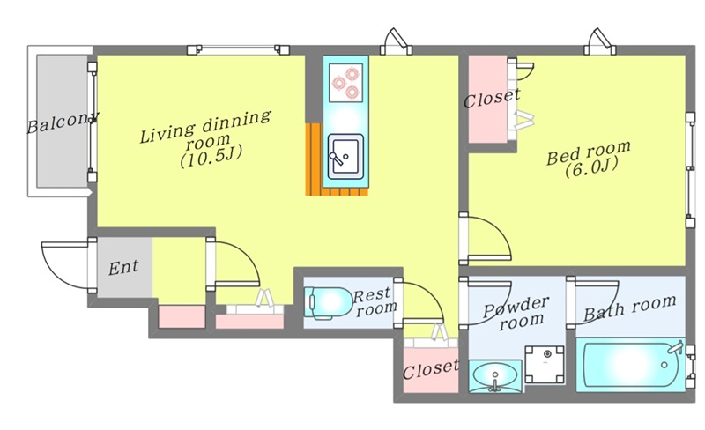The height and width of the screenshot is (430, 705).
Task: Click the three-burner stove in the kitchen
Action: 345,82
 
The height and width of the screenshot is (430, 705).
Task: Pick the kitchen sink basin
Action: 345,156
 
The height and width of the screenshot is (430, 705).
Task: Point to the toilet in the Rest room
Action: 328,303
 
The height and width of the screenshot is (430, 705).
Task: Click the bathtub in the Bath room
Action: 630,365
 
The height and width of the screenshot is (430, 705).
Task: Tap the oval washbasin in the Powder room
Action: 495,375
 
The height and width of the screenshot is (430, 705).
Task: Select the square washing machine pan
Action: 545,364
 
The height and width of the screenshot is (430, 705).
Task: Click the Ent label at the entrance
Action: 123,268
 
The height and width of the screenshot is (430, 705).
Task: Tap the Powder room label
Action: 517,314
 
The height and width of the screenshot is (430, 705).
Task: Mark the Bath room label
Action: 629,308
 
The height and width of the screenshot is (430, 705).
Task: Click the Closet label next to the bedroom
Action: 492,99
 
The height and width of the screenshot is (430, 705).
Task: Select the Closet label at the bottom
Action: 431,369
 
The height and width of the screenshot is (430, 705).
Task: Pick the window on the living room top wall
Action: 238,49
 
